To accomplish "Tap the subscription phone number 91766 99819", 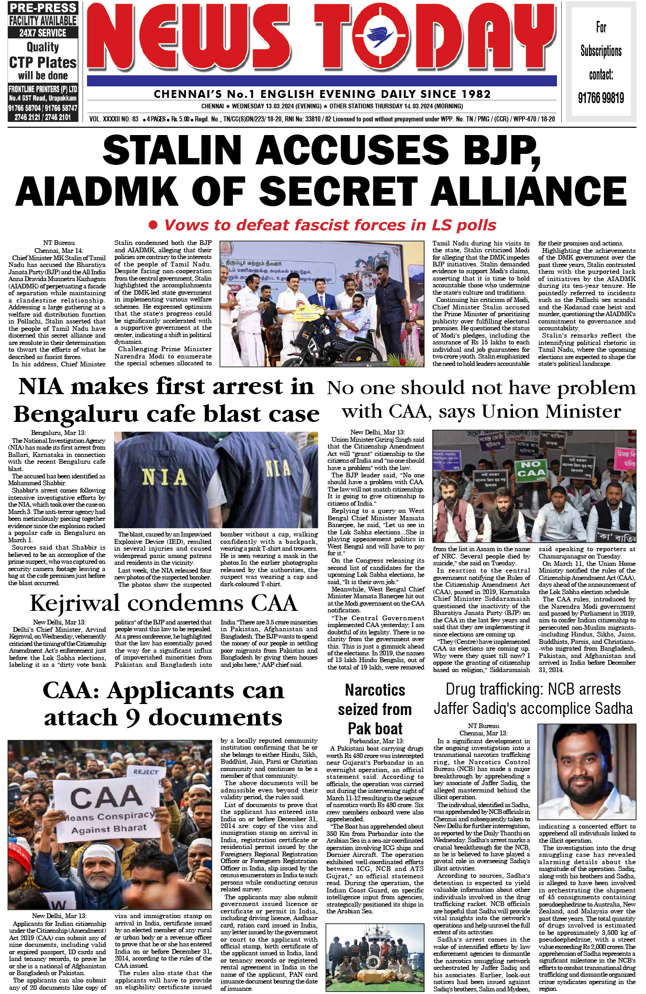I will [x=600, y=98].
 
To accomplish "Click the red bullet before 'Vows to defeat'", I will [x=153, y=225].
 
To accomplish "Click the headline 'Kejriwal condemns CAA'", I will [x=163, y=603].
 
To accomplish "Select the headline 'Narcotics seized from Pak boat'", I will [x=375, y=709].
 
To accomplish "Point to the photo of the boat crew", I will [x=374, y=957].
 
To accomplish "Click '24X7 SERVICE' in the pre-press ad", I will [x=43, y=32].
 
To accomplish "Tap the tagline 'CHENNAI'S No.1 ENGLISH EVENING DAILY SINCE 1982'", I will [x=322, y=94].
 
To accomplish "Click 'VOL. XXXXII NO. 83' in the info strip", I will [x=114, y=119].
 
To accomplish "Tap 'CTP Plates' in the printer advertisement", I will [x=43, y=63].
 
